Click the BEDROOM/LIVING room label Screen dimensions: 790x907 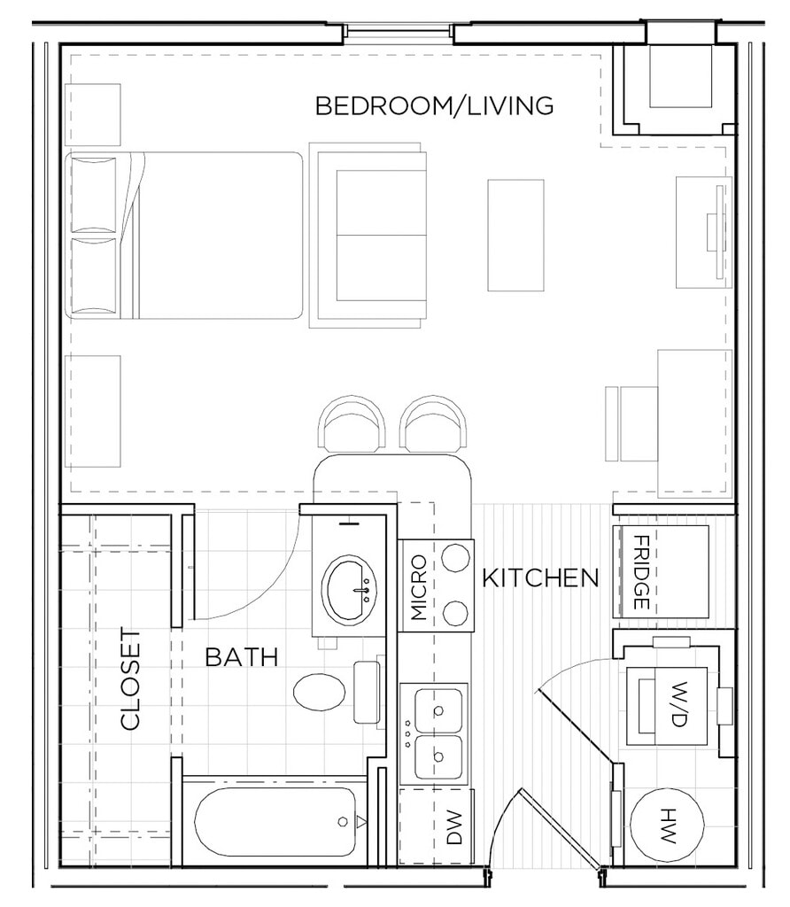434,106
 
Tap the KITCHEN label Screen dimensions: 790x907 540,578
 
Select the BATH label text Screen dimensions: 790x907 242,657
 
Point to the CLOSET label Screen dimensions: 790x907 131,679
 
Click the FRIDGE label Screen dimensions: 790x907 642,572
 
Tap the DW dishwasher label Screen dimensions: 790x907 454,827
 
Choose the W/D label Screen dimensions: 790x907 679,704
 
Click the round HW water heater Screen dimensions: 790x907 667,826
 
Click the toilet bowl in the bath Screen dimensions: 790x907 320,693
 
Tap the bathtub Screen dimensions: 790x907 275,821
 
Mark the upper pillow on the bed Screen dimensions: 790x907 93,195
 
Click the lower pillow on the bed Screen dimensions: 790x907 93,276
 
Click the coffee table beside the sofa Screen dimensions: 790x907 515,235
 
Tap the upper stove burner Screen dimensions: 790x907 455,558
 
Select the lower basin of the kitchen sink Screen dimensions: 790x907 439,756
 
